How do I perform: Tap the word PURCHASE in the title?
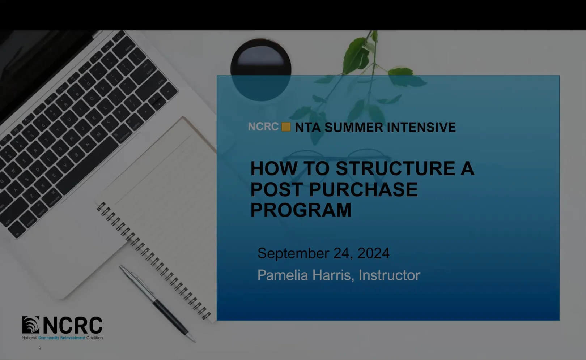coord(364,189)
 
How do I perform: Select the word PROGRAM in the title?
coord(301,210)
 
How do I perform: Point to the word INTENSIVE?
coord(421,127)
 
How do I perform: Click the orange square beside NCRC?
coord(286,127)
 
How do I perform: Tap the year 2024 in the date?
coord(373,253)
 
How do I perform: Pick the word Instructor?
coord(389,275)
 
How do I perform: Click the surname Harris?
coord(333,275)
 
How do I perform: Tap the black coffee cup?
coord(261,69)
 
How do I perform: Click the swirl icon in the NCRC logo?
coord(31,325)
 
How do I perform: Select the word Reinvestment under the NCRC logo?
coord(73,338)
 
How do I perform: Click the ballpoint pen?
coord(157,304)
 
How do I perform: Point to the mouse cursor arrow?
coord(39,347)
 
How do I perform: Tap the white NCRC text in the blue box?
coord(263,127)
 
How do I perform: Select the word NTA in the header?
coord(308,127)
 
